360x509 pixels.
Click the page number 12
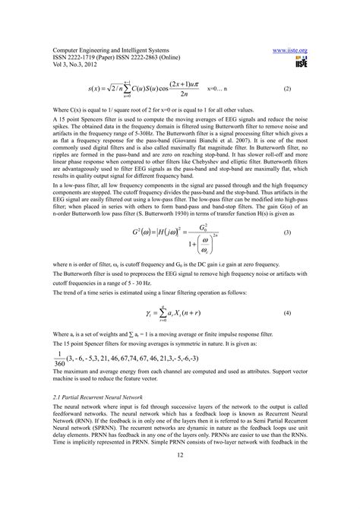pyautogui.click(x=180, y=475)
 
